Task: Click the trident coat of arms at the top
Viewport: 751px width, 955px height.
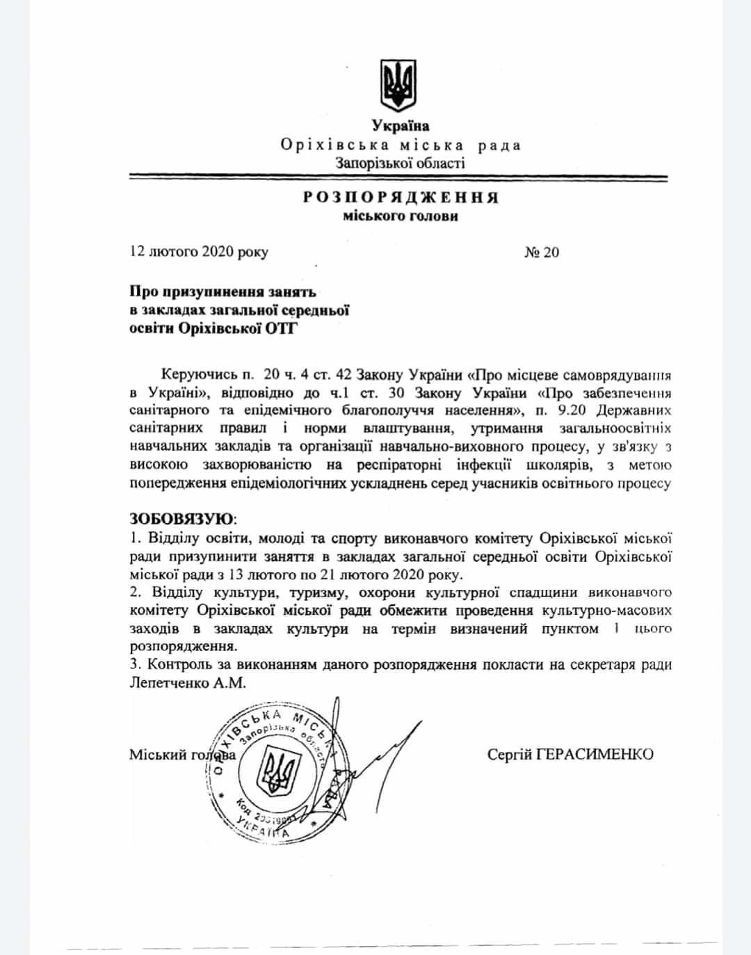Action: [x=398, y=85]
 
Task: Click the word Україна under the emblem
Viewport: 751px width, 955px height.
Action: [x=400, y=126]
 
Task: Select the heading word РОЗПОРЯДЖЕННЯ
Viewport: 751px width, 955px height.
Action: [x=401, y=198]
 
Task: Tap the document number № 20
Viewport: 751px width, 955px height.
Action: [x=541, y=252]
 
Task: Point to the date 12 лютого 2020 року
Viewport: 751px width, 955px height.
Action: [x=199, y=252]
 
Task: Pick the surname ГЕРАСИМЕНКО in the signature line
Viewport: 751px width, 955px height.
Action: [x=595, y=754]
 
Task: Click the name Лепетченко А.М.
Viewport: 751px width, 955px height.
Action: [x=187, y=683]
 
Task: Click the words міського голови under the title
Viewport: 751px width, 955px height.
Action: [x=401, y=216]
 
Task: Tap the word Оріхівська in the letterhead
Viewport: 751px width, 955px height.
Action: [x=329, y=145]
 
